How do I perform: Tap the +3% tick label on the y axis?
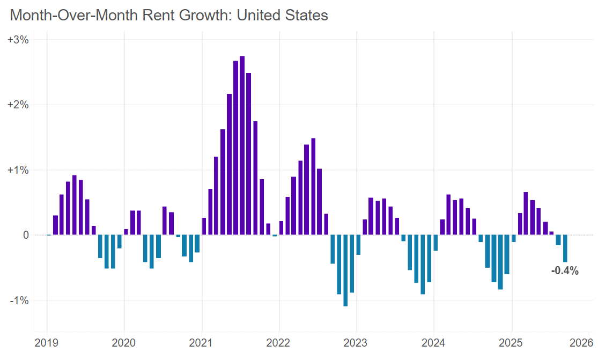pyautogui.click(x=18, y=40)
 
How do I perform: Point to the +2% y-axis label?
pyautogui.click(x=18, y=105)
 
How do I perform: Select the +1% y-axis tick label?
pyautogui.click(x=18, y=170)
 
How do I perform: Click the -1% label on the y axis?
pyautogui.click(x=19, y=300)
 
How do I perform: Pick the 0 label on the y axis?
pyautogui.click(x=25, y=235)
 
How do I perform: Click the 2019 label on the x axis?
pyautogui.click(x=47, y=342)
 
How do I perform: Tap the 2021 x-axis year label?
pyautogui.click(x=202, y=342)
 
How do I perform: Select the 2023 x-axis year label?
pyautogui.click(x=357, y=342)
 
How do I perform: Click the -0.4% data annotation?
pyautogui.click(x=565, y=271)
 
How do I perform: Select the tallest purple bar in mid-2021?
pyautogui.click(x=242, y=145)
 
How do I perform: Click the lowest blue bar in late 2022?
pyautogui.click(x=345, y=270)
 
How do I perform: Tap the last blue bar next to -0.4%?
pyautogui.click(x=565, y=248)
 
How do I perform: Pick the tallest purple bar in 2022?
pyautogui.click(x=313, y=186)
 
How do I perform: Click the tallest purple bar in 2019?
pyautogui.click(x=75, y=205)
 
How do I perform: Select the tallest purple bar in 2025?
pyautogui.click(x=526, y=214)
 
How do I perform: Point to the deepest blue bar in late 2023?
pyautogui.click(x=423, y=265)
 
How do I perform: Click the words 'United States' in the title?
pyautogui.click(x=282, y=15)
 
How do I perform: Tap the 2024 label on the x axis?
pyautogui.click(x=434, y=342)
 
